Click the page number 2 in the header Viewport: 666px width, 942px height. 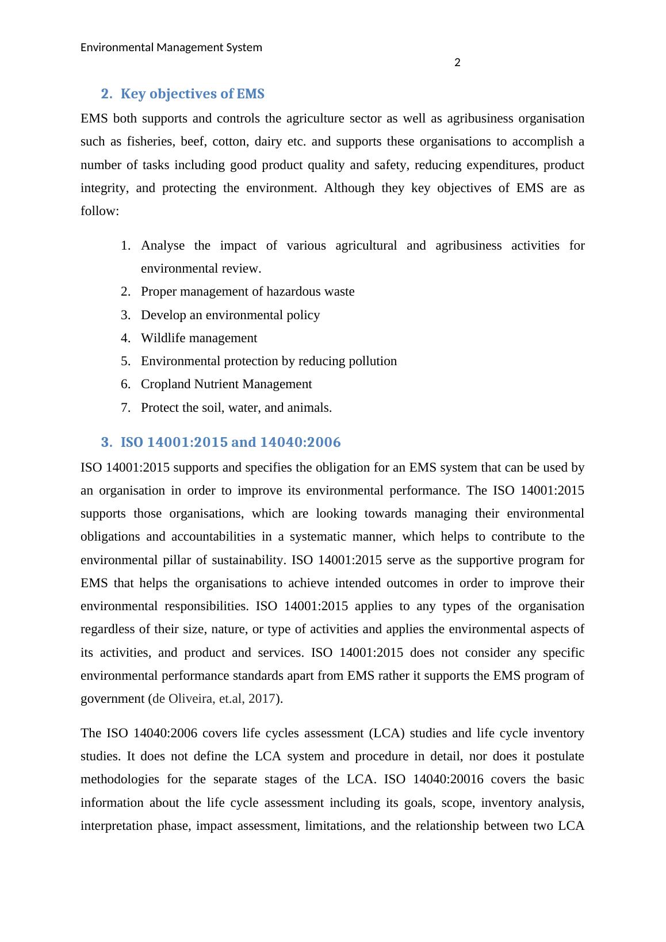click(x=457, y=63)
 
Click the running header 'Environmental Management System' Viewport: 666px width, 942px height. click(x=171, y=47)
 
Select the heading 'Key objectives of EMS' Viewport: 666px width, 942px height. click(x=192, y=94)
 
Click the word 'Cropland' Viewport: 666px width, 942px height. click(x=166, y=384)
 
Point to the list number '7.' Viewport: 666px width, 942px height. click(x=126, y=408)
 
